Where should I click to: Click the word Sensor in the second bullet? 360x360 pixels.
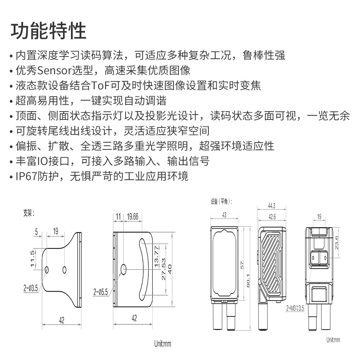click(54, 70)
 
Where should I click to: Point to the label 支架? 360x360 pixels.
click(28, 213)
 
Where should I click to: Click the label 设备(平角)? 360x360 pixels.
click(221, 202)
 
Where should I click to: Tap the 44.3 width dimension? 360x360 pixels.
click(271, 206)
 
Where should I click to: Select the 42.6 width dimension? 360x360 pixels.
click(272, 217)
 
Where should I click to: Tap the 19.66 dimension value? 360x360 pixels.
click(133, 217)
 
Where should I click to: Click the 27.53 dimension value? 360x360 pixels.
click(164, 269)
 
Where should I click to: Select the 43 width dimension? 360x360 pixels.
click(224, 215)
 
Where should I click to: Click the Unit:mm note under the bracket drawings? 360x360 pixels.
click(163, 344)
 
